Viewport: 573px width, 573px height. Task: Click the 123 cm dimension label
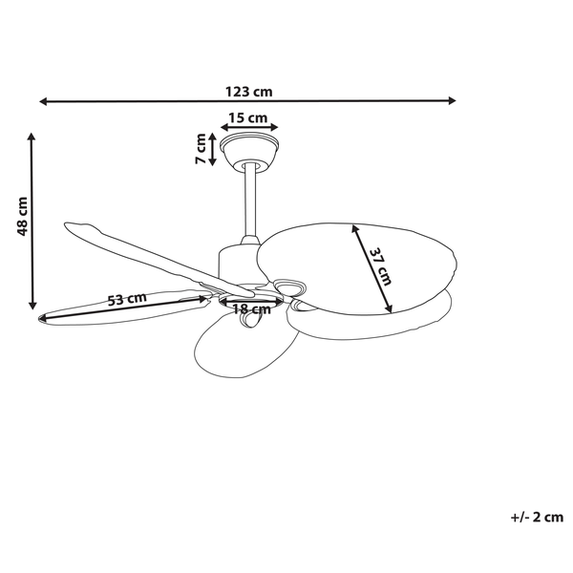tap(248, 92)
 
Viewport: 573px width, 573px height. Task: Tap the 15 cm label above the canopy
tap(247, 117)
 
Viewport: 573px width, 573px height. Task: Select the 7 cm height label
tap(202, 149)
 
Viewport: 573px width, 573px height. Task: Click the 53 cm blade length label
tap(126, 299)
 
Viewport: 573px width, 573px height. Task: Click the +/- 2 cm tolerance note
tap(538, 518)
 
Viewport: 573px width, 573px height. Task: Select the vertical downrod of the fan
tap(251, 201)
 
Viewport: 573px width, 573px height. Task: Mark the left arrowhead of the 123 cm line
tap(44, 99)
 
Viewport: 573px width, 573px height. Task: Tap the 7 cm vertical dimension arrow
tap(212, 149)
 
